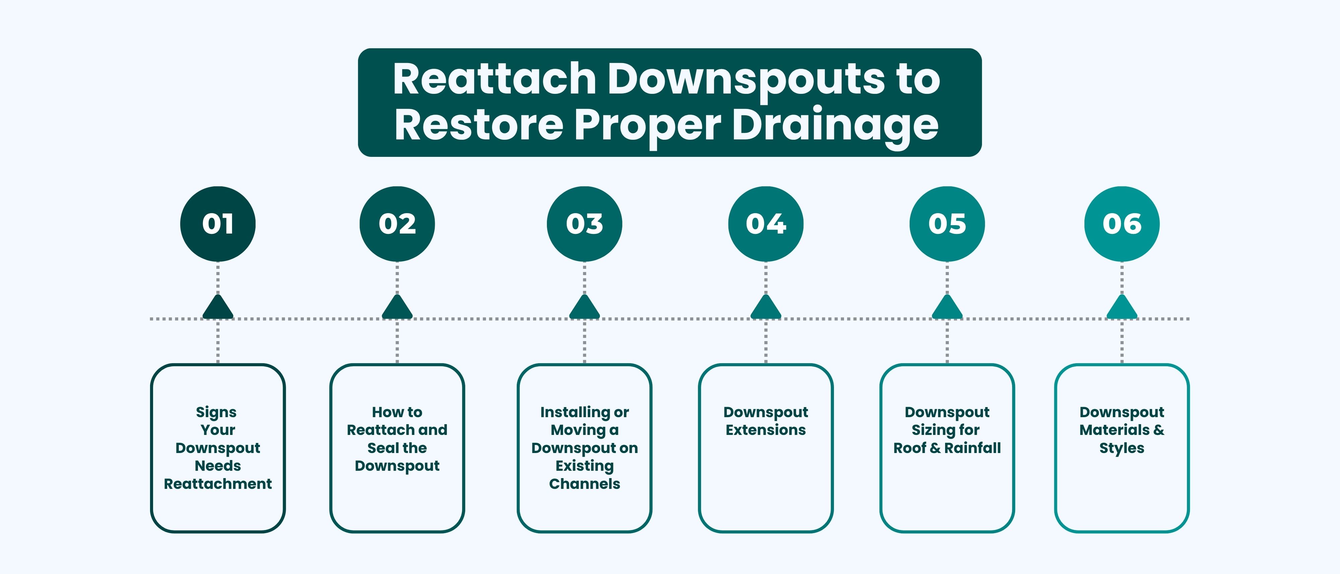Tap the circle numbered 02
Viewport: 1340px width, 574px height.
click(x=397, y=224)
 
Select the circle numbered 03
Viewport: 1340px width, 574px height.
click(x=584, y=224)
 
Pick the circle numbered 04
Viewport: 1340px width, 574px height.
click(x=766, y=224)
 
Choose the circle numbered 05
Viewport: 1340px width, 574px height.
click(x=947, y=224)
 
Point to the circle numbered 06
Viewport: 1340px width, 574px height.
click(x=1122, y=224)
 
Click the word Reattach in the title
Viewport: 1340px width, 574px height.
click(x=494, y=79)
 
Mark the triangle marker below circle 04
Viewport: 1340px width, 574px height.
click(x=766, y=308)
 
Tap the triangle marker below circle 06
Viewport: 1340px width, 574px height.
click(x=1122, y=308)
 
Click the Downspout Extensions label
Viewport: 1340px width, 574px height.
click(x=766, y=421)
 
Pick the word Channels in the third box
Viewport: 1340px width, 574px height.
click(x=584, y=484)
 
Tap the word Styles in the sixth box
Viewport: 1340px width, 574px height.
click(x=1122, y=448)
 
